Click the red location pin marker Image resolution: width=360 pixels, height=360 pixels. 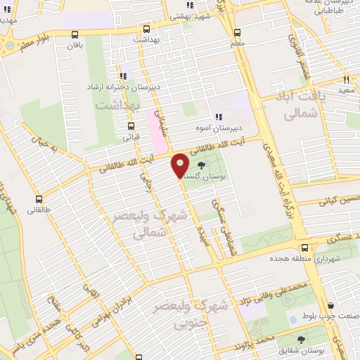[x=180, y=165]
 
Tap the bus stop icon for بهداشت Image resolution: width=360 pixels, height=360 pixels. [x=146, y=30]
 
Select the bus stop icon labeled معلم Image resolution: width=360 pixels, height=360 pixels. [x=237, y=32]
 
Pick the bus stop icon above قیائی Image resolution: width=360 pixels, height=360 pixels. [x=130, y=128]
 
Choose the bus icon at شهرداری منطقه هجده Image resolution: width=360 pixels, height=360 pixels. [x=304, y=247]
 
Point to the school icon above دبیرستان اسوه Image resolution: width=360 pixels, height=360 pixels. [x=219, y=117]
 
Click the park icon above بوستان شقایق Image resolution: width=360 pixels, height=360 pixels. [x=300, y=339]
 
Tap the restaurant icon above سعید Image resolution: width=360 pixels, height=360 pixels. [x=345, y=80]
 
